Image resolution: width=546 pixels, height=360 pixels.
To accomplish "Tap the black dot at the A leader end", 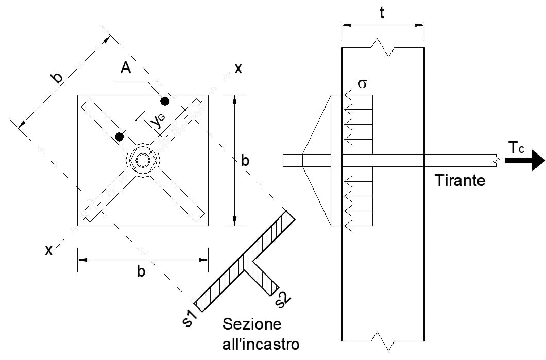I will [x=165, y=100].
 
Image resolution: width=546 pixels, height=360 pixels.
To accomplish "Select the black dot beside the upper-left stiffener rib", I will [x=120, y=136].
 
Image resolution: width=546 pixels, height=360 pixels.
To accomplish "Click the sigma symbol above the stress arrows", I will [x=362, y=83].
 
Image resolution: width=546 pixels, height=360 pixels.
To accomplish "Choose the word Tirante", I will [x=459, y=181].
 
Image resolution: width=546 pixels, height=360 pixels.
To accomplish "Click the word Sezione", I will [x=252, y=325].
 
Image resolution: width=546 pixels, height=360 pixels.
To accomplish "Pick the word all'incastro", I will [x=261, y=344].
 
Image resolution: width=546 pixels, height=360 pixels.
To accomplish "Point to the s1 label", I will [x=190, y=318].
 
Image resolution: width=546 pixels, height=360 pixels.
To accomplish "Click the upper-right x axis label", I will [x=238, y=68].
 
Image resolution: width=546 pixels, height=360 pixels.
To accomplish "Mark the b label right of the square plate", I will [x=246, y=161].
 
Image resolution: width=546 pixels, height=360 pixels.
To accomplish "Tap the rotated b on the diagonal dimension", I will [x=57, y=77].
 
